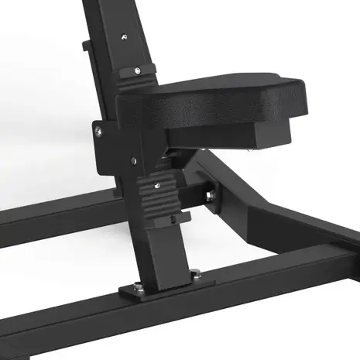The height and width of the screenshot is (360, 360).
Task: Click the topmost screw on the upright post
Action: point(123,36)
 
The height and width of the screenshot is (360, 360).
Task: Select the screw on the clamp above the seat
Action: point(137,70)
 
